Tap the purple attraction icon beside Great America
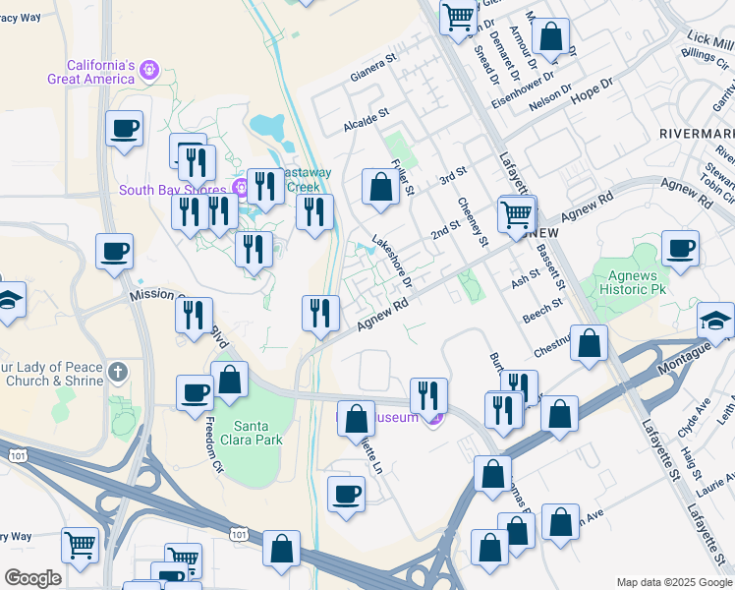pos(149,70)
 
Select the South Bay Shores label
pos(174,190)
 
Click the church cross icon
pos(117,372)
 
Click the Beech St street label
pos(542,312)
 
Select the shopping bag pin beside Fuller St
pos(380,187)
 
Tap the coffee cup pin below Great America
pos(124,129)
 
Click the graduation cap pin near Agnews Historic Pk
pos(715,321)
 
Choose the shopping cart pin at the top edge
pos(459,17)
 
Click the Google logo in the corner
pos(32,578)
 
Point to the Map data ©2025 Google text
pos(674,582)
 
